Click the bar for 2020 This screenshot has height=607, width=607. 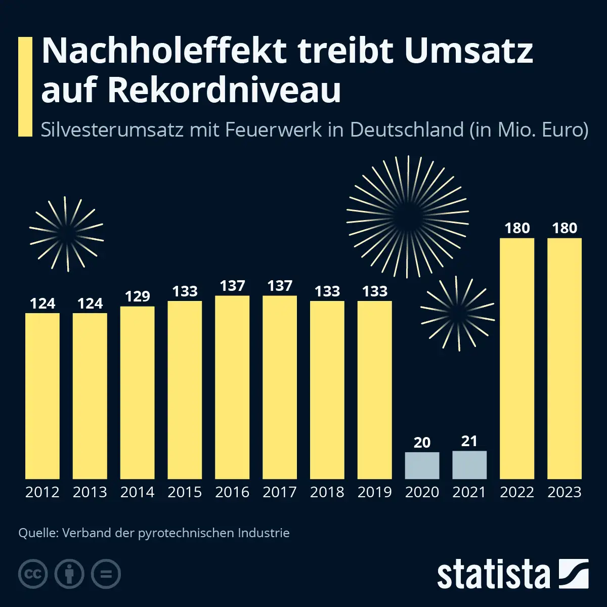(422, 465)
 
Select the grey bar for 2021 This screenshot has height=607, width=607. (469, 465)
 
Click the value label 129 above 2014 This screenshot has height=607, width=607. (137, 296)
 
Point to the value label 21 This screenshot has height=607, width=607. (469, 441)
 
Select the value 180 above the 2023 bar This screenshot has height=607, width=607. (565, 228)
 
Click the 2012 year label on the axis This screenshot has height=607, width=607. (42, 492)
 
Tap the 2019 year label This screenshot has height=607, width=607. (375, 492)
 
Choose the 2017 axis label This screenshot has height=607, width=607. (280, 492)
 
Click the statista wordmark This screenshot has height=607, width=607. (493, 575)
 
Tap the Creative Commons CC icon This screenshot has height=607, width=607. (33, 574)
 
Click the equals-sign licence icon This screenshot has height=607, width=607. (106, 574)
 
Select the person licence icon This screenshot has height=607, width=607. (69, 574)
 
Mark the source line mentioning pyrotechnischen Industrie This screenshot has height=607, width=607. (154, 533)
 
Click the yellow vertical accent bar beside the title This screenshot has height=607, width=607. (25, 86)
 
